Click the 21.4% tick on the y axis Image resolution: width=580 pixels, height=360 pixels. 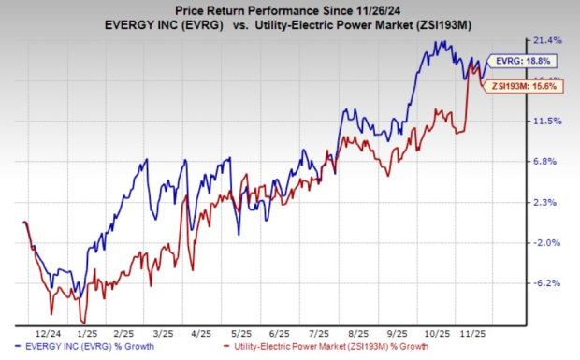tap(547, 40)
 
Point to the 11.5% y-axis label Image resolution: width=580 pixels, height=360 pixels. tap(547, 122)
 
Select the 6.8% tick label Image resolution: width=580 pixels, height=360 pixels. tap(547, 162)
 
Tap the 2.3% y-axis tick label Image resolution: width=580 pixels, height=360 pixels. tap(547, 202)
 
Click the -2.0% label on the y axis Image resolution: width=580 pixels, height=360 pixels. tap(547, 243)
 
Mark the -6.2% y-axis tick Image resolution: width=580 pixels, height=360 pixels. tap(547, 283)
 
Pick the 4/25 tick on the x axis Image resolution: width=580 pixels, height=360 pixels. tap(200, 332)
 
